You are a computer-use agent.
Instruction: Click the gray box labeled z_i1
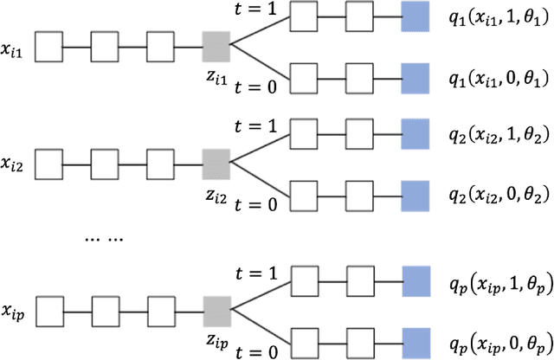click(x=216, y=42)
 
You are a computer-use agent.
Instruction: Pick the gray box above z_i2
click(x=216, y=161)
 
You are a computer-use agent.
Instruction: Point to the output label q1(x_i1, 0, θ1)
click(x=497, y=76)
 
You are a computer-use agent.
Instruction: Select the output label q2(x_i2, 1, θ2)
click(x=497, y=136)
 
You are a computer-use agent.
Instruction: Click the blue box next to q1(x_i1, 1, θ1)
click(x=415, y=16)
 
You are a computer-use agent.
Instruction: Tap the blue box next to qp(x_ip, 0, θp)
click(x=415, y=338)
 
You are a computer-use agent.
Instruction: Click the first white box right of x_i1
click(x=48, y=42)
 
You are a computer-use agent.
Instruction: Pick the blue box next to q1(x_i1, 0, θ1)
click(x=415, y=75)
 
